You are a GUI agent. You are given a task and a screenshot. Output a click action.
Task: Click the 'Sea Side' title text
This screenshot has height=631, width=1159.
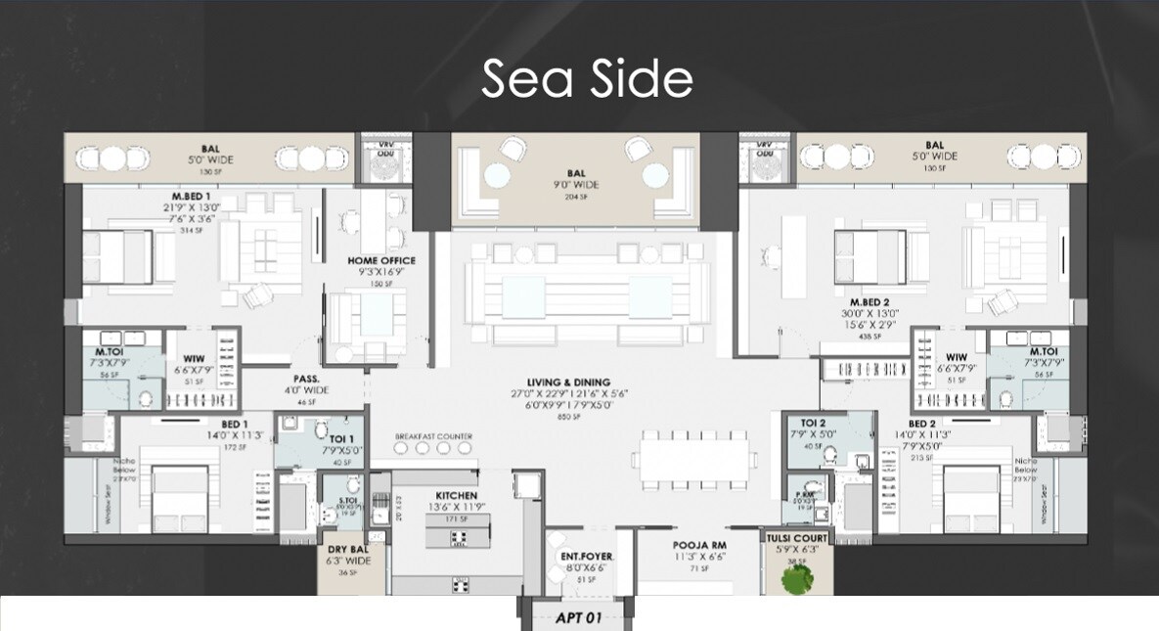[x=587, y=78]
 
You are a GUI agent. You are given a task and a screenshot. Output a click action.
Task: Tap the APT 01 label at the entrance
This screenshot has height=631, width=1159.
[x=577, y=617]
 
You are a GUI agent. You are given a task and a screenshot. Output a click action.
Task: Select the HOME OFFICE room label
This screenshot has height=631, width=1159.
[x=381, y=261]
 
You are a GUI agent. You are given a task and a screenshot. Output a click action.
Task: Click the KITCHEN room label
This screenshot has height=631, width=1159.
[x=456, y=496]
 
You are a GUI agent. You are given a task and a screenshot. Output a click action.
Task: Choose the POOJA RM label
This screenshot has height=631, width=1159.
[x=697, y=545]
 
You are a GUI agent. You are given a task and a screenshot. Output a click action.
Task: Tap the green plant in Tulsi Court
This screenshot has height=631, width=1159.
[x=796, y=577]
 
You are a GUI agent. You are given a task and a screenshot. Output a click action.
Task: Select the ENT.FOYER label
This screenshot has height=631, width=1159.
[x=586, y=557]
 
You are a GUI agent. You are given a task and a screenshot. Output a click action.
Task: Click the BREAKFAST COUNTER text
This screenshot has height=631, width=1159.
[x=433, y=436]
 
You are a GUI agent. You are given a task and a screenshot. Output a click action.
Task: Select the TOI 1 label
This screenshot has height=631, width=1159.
[x=342, y=439]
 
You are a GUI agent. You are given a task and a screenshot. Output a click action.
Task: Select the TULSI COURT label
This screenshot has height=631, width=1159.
[x=797, y=538]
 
